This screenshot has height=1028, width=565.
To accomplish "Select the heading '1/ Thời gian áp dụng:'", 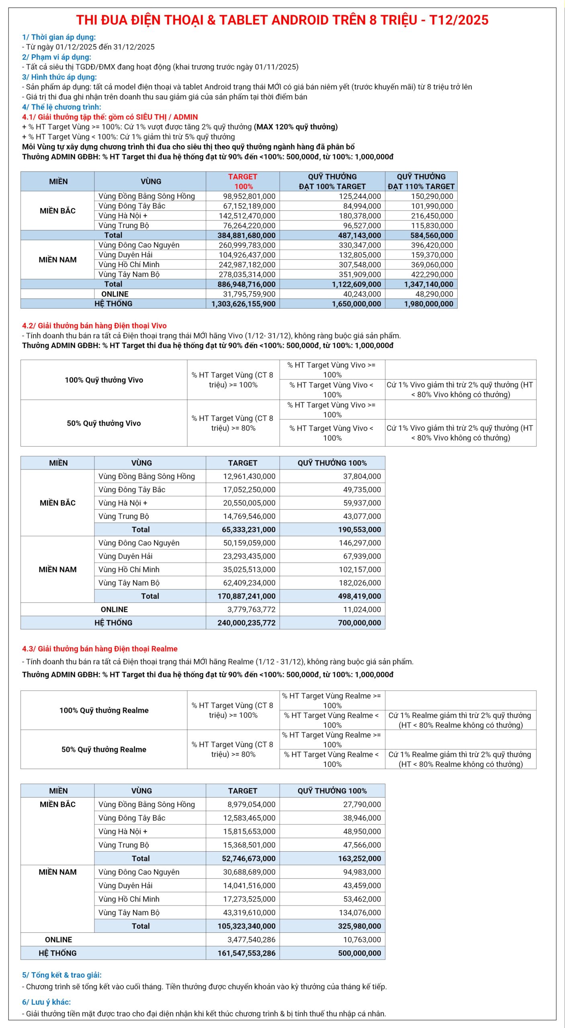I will point(59,37).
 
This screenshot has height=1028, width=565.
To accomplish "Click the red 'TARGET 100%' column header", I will point(243,182).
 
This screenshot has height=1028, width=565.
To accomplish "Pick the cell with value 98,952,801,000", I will point(249,196).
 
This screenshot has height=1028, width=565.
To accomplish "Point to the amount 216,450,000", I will point(432,216).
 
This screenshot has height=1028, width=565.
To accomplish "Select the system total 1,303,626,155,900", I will point(244,304).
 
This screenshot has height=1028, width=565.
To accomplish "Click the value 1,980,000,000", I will point(428,304).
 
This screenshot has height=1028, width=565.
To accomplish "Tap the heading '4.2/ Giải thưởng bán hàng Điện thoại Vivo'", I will point(94,326).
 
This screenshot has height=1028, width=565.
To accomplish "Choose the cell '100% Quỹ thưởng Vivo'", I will point(104,380).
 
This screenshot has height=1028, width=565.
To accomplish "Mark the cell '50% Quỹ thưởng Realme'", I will point(104,749).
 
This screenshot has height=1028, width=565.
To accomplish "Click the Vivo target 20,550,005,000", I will point(249,503).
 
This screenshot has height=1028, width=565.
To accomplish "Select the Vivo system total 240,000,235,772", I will point(246,623).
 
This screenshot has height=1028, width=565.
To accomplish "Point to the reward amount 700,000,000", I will point(359,623).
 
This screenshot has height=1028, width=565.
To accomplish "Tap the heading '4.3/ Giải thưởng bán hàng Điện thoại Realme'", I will point(100,649).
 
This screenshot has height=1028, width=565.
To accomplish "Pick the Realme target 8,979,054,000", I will point(251,804).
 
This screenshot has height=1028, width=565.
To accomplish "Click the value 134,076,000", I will point(362,912).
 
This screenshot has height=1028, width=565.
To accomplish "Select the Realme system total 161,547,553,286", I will point(246,953).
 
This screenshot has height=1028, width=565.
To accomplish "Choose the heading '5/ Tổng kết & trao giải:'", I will point(62,975).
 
